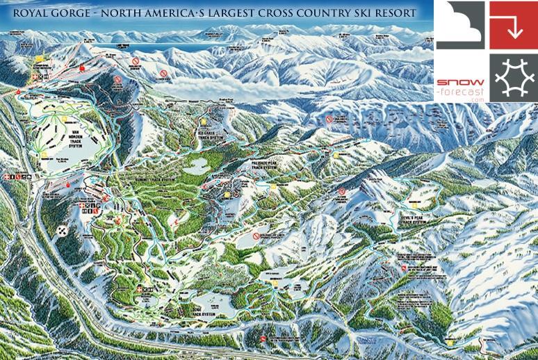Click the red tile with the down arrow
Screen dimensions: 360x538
(x=512, y=25)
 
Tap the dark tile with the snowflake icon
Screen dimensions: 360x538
(x=512, y=77)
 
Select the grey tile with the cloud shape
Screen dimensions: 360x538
(x=459, y=25)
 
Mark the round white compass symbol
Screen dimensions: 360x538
(x=63, y=231)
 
